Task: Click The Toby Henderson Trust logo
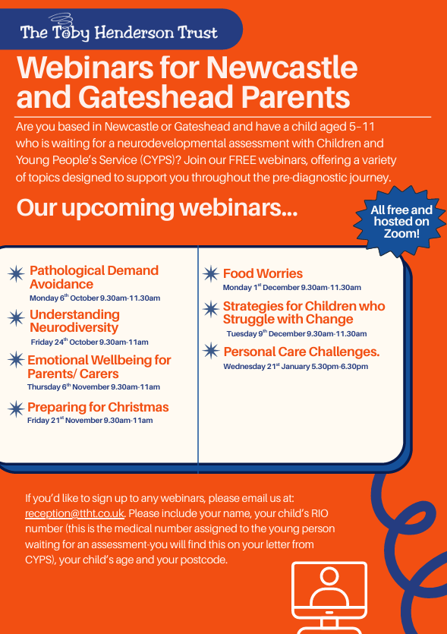118,29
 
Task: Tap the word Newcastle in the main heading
282,68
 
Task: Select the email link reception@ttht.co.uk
75,513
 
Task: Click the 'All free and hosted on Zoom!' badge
401,222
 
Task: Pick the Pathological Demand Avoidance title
94,277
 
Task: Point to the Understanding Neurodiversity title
75,321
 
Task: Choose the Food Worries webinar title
263,274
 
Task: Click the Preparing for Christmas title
98,407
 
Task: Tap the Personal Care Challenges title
301,352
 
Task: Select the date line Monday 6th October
95,298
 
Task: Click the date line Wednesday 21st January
296,366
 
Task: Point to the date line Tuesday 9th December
297,333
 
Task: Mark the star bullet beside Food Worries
211,274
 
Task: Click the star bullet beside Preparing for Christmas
16,409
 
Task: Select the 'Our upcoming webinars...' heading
157,208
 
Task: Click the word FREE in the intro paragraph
243,160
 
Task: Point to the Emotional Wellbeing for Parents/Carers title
99,367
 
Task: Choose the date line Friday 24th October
90,342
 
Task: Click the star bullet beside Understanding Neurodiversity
16,318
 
